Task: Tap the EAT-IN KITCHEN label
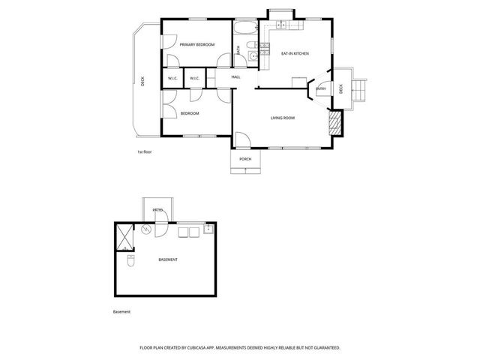(295, 54)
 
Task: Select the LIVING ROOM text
(283, 118)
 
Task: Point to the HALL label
(235, 77)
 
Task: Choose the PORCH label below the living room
(244, 160)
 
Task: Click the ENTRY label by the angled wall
(320, 88)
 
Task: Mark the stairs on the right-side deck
(358, 91)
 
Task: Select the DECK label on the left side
(142, 82)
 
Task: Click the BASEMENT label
(168, 259)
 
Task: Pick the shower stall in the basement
(123, 237)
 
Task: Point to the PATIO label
(157, 210)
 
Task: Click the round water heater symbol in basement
(147, 229)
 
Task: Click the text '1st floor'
(144, 152)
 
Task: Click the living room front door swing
(242, 139)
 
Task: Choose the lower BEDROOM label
(190, 113)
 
